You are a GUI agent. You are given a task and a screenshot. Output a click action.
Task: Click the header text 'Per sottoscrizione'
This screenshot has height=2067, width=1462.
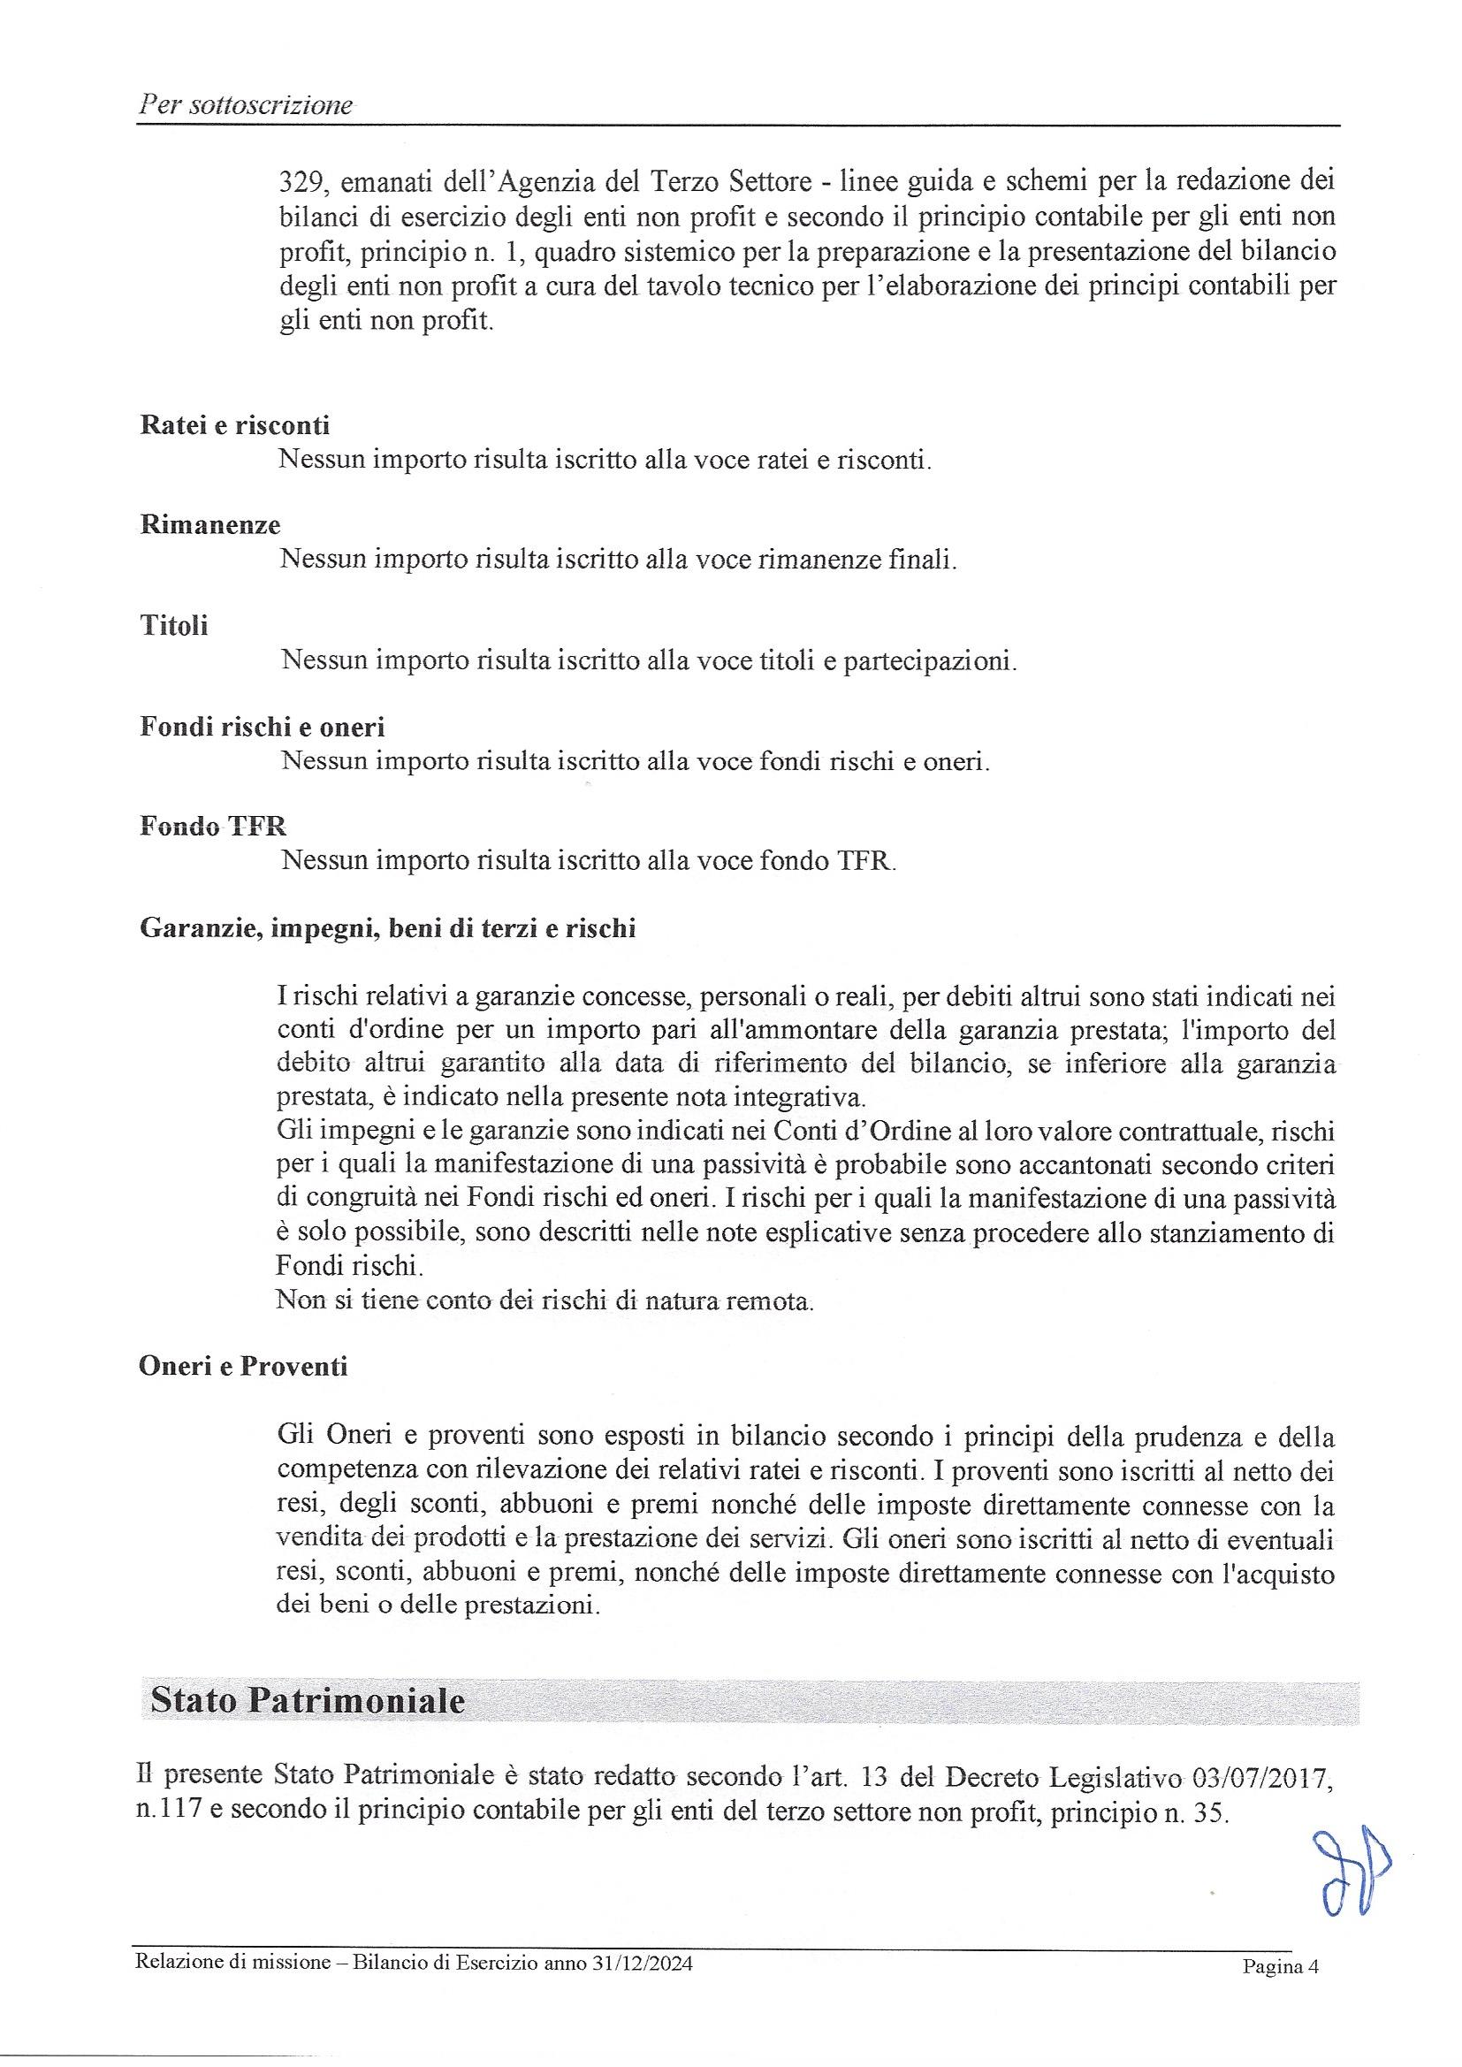pyautogui.click(x=245, y=106)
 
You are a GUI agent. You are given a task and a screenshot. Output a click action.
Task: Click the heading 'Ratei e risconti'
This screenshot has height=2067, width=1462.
pyautogui.click(x=235, y=425)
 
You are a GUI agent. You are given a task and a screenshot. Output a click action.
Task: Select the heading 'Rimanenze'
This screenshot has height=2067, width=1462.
pyautogui.click(x=210, y=525)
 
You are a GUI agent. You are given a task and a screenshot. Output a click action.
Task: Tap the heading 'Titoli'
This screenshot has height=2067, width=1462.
pyautogui.click(x=174, y=625)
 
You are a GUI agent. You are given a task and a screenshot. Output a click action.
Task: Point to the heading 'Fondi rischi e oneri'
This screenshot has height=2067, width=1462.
pyautogui.click(x=262, y=726)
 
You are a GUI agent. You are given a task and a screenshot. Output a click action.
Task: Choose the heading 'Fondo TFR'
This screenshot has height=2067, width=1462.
pyautogui.click(x=213, y=826)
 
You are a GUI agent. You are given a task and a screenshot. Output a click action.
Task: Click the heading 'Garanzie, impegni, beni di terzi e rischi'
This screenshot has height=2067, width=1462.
pyautogui.click(x=387, y=928)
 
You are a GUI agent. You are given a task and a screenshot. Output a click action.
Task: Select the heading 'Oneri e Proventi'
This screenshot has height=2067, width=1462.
pyautogui.click(x=243, y=1367)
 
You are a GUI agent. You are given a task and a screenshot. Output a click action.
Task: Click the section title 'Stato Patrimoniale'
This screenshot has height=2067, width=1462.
pyautogui.click(x=308, y=1701)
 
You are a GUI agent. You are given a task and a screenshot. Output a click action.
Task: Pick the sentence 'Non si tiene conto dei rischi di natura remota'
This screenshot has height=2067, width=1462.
pyautogui.click(x=544, y=1300)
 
